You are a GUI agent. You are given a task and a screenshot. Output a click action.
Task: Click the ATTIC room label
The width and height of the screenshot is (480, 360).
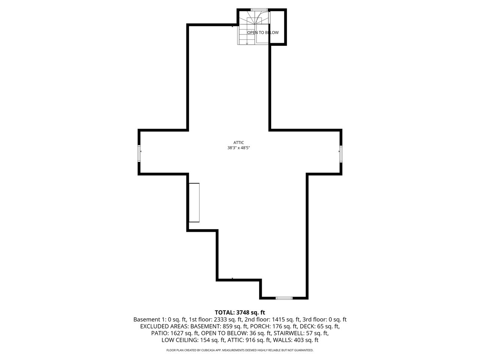(238, 142)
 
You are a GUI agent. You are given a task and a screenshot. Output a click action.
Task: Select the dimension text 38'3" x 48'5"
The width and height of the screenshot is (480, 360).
(238, 148)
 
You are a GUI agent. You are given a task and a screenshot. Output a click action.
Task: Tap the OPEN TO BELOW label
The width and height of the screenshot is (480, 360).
(263, 33)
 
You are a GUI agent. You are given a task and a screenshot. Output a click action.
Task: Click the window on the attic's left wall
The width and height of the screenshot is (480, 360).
(139, 153)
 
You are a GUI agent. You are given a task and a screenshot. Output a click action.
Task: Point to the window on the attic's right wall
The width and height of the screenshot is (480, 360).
(341, 154)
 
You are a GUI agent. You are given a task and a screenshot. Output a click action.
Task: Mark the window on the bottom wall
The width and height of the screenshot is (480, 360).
(283, 298)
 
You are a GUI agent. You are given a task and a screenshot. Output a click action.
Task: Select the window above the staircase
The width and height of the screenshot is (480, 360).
(259, 10)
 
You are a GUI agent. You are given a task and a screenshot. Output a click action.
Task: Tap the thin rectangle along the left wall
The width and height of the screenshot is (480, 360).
(194, 202)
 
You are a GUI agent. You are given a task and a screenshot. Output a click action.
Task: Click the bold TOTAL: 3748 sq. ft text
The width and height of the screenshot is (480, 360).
(240, 312)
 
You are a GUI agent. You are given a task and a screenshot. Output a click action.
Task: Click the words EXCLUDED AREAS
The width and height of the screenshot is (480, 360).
(165, 326)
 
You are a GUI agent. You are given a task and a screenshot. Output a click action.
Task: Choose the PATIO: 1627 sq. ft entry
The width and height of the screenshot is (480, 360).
(175, 333)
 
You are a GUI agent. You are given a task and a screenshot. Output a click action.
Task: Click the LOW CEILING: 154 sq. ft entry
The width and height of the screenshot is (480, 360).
(193, 340)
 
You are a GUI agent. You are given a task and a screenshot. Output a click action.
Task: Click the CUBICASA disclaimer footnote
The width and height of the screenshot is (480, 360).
(240, 350)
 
